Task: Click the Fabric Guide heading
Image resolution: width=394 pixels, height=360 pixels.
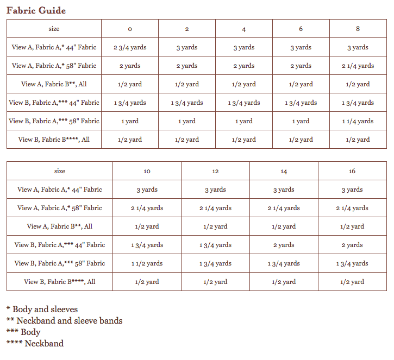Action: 36,10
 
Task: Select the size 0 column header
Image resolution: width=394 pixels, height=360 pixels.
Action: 129,29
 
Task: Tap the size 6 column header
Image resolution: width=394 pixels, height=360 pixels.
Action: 301,29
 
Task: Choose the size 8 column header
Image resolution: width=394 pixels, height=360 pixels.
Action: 358,29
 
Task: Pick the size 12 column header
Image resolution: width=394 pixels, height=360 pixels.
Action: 215,171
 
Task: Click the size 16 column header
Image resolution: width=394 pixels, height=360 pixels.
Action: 352,171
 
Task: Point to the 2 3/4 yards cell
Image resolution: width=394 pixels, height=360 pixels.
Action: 129,47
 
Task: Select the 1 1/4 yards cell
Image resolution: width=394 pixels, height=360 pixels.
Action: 358,121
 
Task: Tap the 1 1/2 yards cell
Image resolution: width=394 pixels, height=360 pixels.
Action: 147,263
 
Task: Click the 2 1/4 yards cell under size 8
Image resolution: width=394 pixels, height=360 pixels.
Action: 358,66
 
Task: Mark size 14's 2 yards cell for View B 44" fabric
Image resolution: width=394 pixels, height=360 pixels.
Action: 284,245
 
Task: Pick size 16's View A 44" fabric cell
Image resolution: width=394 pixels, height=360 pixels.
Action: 352,190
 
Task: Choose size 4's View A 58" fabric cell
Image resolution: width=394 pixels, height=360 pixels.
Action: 243,66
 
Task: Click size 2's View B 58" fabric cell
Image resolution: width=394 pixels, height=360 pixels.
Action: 186,121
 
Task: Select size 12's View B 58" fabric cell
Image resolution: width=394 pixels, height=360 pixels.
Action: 215,263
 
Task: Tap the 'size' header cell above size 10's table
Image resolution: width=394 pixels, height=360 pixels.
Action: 60,171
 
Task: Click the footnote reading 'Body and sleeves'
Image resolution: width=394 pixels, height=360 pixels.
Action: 42,310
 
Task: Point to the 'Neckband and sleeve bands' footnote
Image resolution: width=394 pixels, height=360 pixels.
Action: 65,320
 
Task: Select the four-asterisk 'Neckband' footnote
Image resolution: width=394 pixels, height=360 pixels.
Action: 35,343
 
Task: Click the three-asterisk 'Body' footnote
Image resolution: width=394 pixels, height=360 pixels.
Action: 24,332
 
